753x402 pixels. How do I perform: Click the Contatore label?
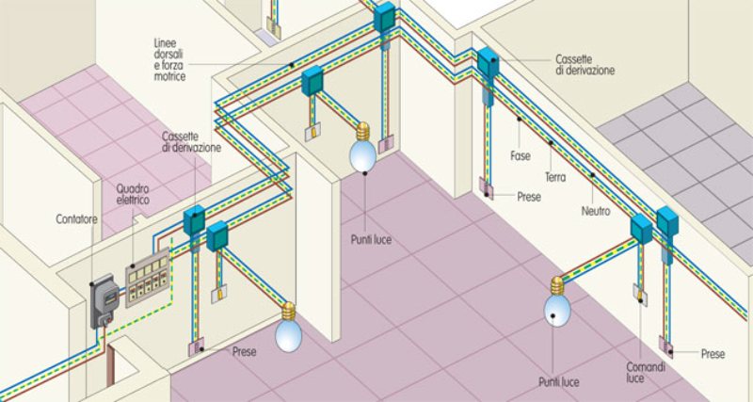click(76, 219)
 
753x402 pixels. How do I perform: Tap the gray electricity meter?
click(104, 300)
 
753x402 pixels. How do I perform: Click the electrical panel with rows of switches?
click(148, 278)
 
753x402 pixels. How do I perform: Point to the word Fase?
click(521, 156)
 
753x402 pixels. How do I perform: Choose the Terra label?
click(555, 177)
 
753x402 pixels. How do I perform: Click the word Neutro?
click(596, 211)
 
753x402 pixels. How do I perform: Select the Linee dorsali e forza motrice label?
click(169, 59)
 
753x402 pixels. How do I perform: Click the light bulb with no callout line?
click(289, 327)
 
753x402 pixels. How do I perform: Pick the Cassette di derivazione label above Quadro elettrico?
click(191, 141)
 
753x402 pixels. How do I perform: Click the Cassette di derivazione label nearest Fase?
click(585, 65)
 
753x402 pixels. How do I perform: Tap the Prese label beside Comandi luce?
click(713, 354)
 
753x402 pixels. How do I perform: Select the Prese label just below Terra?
click(529, 197)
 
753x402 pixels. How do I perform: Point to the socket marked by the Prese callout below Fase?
click(486, 188)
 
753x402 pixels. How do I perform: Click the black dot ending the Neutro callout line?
click(593, 175)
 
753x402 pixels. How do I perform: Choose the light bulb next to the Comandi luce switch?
click(557, 301)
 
